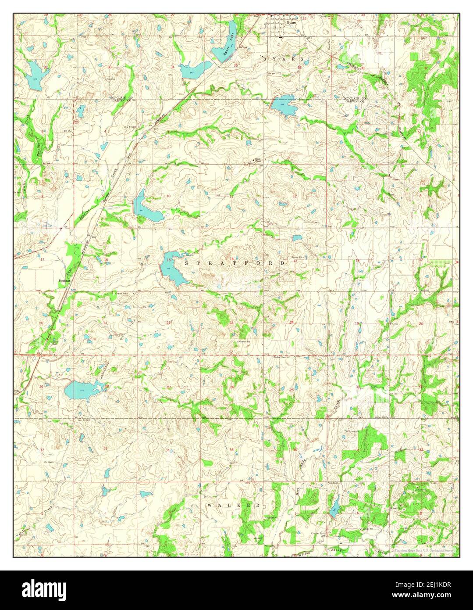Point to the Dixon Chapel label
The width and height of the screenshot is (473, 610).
[x=255, y=161]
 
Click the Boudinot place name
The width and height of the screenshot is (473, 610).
[x=65, y=280]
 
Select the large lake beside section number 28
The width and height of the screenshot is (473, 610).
[x=82, y=389]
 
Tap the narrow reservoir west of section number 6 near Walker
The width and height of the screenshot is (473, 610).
[x=334, y=508]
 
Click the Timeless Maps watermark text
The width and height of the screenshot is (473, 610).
[x=423, y=550]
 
